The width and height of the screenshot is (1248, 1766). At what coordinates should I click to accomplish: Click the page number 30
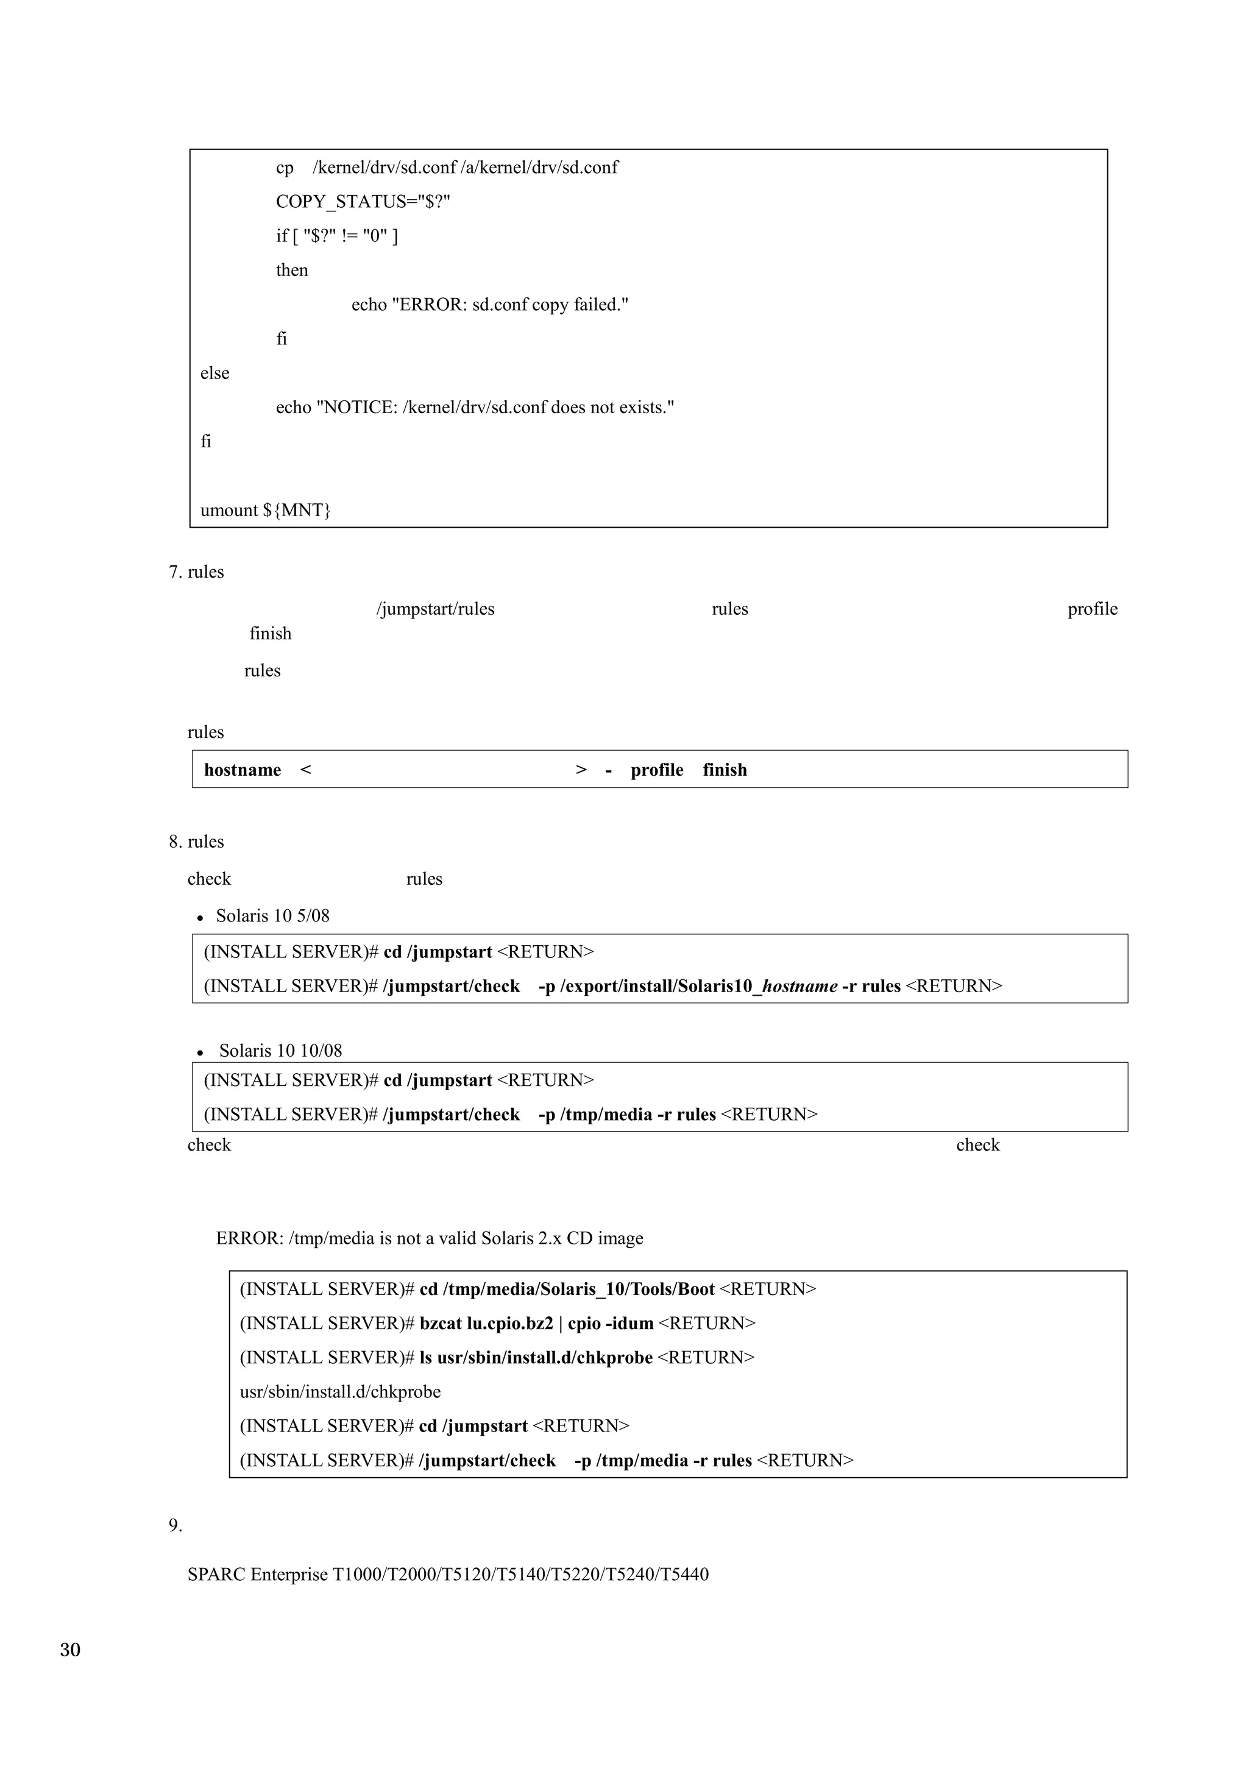pyautogui.click(x=70, y=1649)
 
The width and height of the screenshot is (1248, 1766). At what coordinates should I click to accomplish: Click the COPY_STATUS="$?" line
pyautogui.click(x=363, y=202)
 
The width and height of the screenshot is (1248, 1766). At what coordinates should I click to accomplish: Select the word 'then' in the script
pyautogui.click(x=292, y=270)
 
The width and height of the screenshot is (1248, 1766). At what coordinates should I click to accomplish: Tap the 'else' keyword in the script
pyautogui.click(x=214, y=373)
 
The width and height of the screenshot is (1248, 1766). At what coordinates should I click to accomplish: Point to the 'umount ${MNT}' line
pyautogui.click(x=265, y=510)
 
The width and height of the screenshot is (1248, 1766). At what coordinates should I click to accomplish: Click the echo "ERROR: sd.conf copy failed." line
pyautogui.click(x=490, y=305)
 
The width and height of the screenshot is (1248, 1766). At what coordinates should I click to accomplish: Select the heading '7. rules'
pyautogui.click(x=196, y=572)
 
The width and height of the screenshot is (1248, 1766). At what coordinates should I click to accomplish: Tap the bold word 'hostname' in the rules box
pyautogui.click(x=242, y=770)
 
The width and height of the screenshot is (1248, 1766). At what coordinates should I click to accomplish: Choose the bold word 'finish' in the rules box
pyautogui.click(x=725, y=770)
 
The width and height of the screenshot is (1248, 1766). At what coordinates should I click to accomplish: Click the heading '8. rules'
pyautogui.click(x=196, y=842)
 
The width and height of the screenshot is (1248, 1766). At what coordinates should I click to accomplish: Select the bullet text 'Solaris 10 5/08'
pyautogui.click(x=272, y=915)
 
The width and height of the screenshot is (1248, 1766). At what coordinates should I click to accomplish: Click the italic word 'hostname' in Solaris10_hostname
pyautogui.click(x=799, y=986)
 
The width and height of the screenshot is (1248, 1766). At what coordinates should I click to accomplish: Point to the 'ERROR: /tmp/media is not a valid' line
pyautogui.click(x=429, y=1238)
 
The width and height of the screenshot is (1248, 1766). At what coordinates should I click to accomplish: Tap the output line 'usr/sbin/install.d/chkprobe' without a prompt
pyautogui.click(x=340, y=1391)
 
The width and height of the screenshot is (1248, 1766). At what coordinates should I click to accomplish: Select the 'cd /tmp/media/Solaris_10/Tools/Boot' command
pyautogui.click(x=567, y=1288)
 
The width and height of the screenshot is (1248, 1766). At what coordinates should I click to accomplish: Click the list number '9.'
pyautogui.click(x=175, y=1525)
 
